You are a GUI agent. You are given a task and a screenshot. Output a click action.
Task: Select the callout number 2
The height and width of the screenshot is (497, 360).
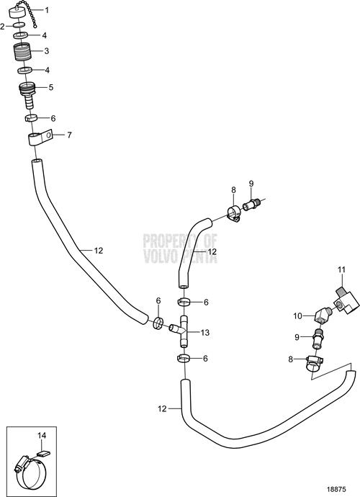3,27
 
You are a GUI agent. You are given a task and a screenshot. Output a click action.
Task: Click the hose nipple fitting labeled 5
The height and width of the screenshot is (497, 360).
28,93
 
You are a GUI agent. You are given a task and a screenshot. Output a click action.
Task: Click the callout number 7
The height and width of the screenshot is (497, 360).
69,135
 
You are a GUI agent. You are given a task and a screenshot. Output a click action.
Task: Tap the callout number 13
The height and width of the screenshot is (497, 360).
205,333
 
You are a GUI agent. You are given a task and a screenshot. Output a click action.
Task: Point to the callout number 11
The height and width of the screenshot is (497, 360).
341,270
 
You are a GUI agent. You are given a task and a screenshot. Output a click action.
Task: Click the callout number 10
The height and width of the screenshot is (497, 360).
298,316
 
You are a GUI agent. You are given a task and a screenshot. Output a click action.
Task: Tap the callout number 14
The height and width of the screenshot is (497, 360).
42,436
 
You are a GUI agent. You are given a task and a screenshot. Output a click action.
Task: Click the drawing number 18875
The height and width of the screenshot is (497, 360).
336,489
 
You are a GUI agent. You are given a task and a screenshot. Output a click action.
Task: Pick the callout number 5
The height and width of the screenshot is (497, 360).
51,87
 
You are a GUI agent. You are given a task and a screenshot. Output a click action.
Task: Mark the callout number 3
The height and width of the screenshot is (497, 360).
47,51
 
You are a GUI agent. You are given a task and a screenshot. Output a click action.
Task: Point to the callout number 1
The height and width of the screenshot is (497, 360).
47,10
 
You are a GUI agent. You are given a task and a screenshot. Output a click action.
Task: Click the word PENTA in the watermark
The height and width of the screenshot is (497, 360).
199,256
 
